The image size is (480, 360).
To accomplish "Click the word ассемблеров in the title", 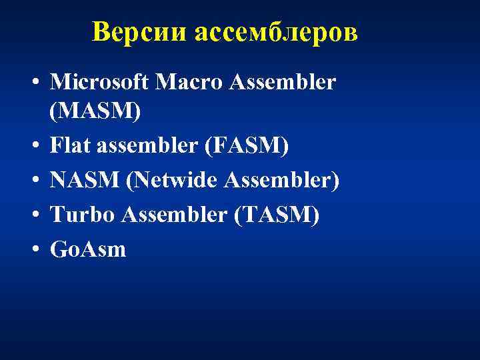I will tap(277, 31).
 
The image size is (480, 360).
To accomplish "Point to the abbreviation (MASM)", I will tap(95, 111).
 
